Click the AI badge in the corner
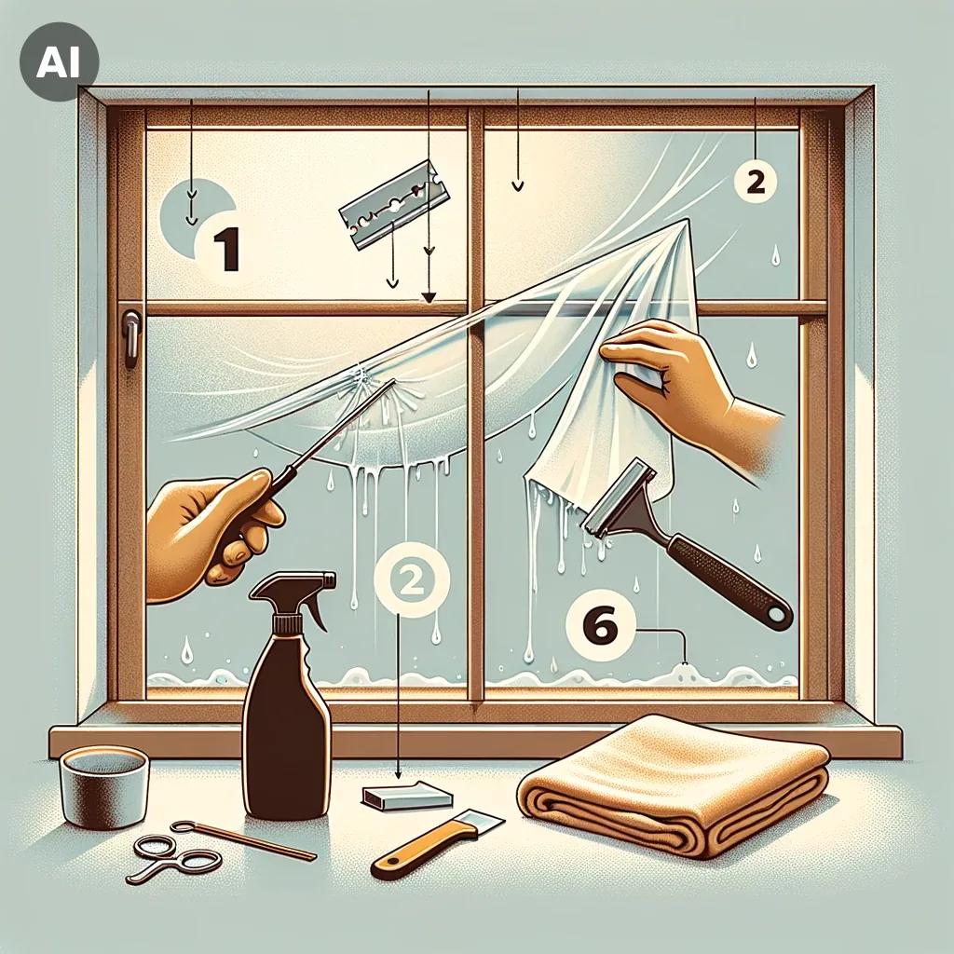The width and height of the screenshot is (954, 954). (59, 61)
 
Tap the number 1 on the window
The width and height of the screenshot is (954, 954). (225, 248)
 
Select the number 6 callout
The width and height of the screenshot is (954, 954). (600, 627)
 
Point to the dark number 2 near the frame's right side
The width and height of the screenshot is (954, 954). (755, 181)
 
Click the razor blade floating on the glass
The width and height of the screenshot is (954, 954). (394, 205)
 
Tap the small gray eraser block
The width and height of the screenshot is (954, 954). (407, 796)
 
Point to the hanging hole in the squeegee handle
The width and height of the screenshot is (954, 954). (777, 618)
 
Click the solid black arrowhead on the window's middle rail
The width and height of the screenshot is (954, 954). (429, 297)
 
